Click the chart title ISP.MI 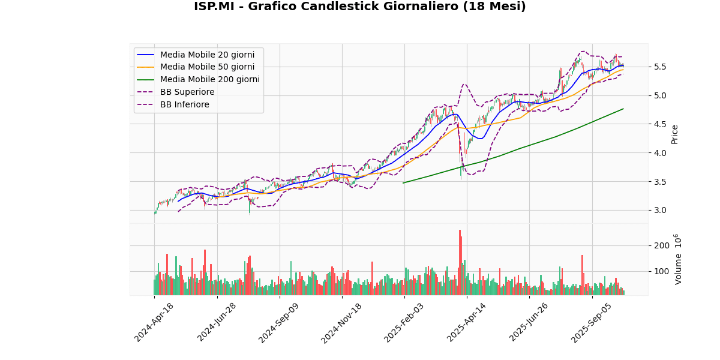pyautogui.click(x=359, y=7)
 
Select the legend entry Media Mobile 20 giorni pyautogui.click(x=207, y=55)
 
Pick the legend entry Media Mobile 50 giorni pyautogui.click(x=207, y=67)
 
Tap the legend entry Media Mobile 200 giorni pyautogui.click(x=209, y=79)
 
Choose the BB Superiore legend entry pyautogui.click(x=187, y=92)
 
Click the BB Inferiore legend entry pyautogui.click(x=184, y=104)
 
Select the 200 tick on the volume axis pyautogui.click(x=662, y=245)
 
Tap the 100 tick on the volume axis pyautogui.click(x=662, y=271)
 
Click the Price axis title pyautogui.click(x=675, y=134)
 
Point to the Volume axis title pyautogui.click(x=678, y=259)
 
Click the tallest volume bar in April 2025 pyautogui.click(x=460, y=262)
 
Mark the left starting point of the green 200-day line pyautogui.click(x=403, y=183)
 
